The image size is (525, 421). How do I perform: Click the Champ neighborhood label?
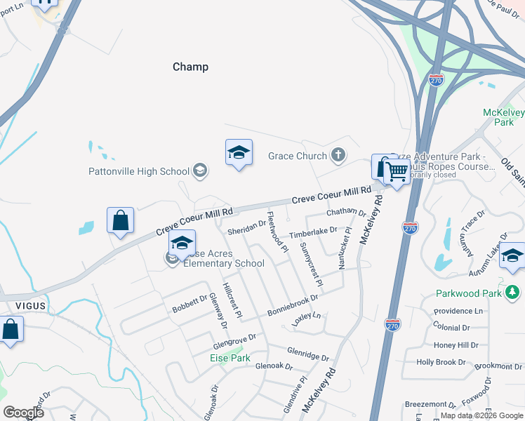[x=190, y=67]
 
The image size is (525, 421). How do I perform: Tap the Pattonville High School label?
[x=139, y=171]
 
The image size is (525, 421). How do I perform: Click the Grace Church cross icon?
[x=338, y=156]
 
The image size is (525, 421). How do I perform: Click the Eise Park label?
[x=230, y=358]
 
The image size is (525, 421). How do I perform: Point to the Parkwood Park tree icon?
[x=513, y=292]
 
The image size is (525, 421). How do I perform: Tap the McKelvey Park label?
[x=498, y=117]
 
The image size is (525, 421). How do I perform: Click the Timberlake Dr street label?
[x=314, y=232]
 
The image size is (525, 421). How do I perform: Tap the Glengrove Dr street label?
[x=234, y=342]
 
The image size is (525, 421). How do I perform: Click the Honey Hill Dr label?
[x=456, y=345]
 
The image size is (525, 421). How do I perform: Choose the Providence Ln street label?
[x=458, y=311]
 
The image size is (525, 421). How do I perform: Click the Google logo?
[x=23, y=412]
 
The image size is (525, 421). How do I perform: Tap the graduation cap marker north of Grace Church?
[x=239, y=153]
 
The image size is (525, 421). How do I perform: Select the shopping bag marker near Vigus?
[x=11, y=329]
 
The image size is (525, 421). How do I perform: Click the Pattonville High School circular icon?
[x=200, y=171]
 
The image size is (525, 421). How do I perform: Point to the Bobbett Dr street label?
[x=190, y=304]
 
